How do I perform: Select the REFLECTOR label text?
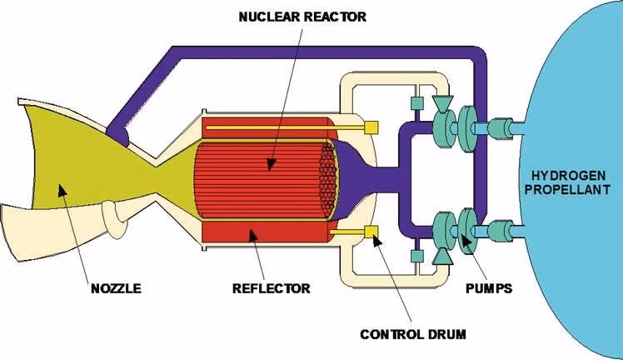(271, 289)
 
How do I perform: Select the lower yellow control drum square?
(372, 231)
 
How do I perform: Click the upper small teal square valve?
(416, 104)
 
